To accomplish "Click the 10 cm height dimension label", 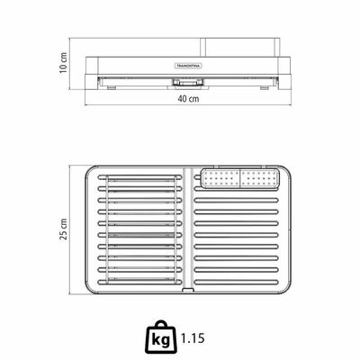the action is (x=63, y=63).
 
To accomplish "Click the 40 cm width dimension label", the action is (x=188, y=98).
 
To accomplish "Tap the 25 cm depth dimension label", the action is (x=63, y=229).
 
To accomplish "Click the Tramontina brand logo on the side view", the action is (x=188, y=66).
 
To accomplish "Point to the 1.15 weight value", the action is (x=193, y=338).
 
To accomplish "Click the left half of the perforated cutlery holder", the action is (x=220, y=179).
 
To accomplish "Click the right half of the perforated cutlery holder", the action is (x=260, y=179).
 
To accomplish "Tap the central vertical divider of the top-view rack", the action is (x=188, y=228).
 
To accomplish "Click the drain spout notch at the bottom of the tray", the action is (x=188, y=290).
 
